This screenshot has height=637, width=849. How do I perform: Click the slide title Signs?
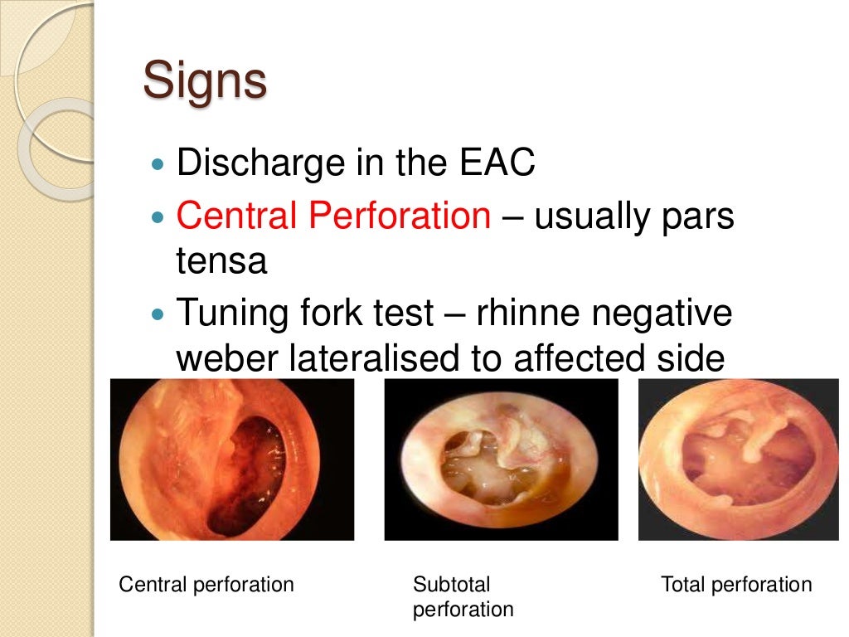205,81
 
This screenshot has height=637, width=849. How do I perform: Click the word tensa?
221,261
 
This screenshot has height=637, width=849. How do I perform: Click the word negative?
672,314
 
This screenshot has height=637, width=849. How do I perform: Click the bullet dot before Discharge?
160,164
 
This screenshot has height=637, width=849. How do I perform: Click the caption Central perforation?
206,585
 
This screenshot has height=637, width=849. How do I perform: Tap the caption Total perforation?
736,585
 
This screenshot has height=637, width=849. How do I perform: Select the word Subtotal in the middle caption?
452,585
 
